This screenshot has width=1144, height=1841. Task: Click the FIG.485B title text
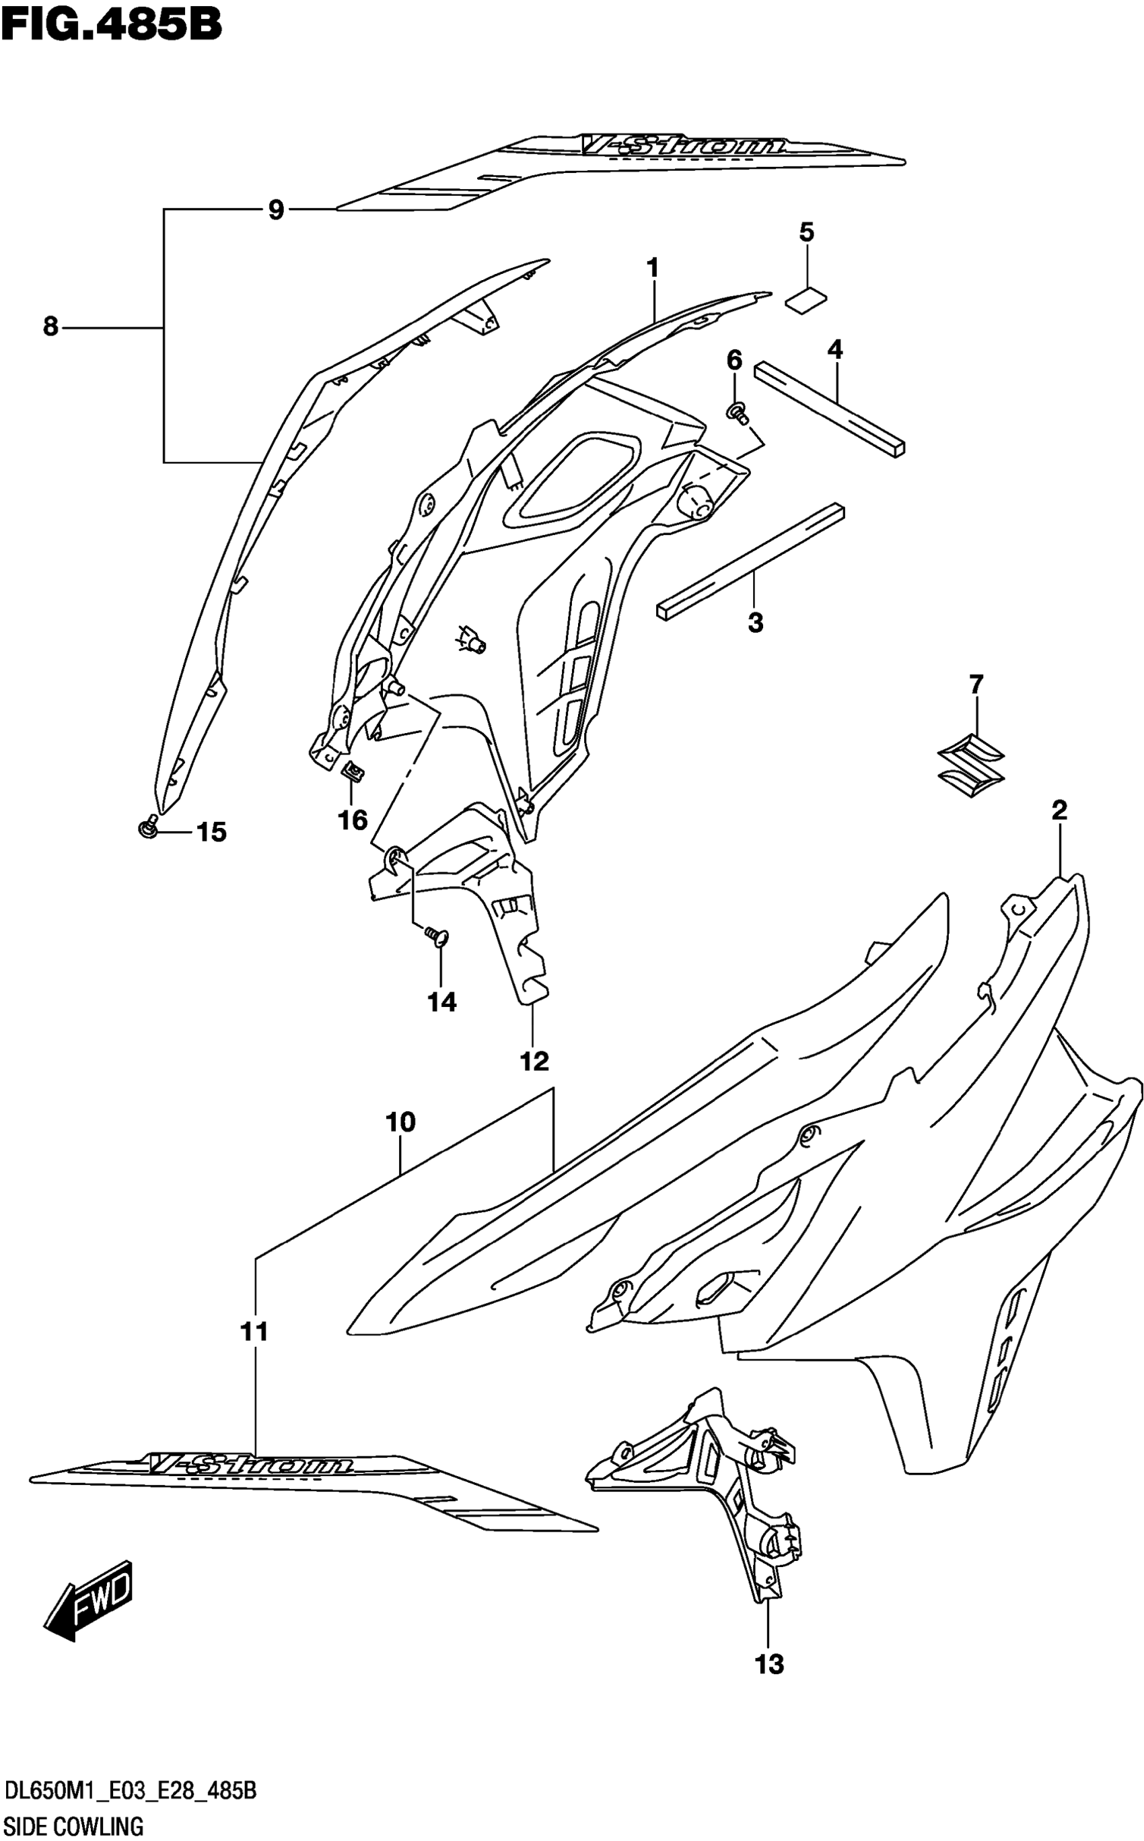111,24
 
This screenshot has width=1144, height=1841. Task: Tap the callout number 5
807,232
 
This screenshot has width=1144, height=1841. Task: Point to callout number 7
976,684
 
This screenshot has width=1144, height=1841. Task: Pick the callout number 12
534,1061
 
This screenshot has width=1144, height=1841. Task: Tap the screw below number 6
737,412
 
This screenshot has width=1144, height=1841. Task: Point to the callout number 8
50,327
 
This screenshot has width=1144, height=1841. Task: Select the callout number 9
276,209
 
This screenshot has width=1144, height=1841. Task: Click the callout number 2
1059,810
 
